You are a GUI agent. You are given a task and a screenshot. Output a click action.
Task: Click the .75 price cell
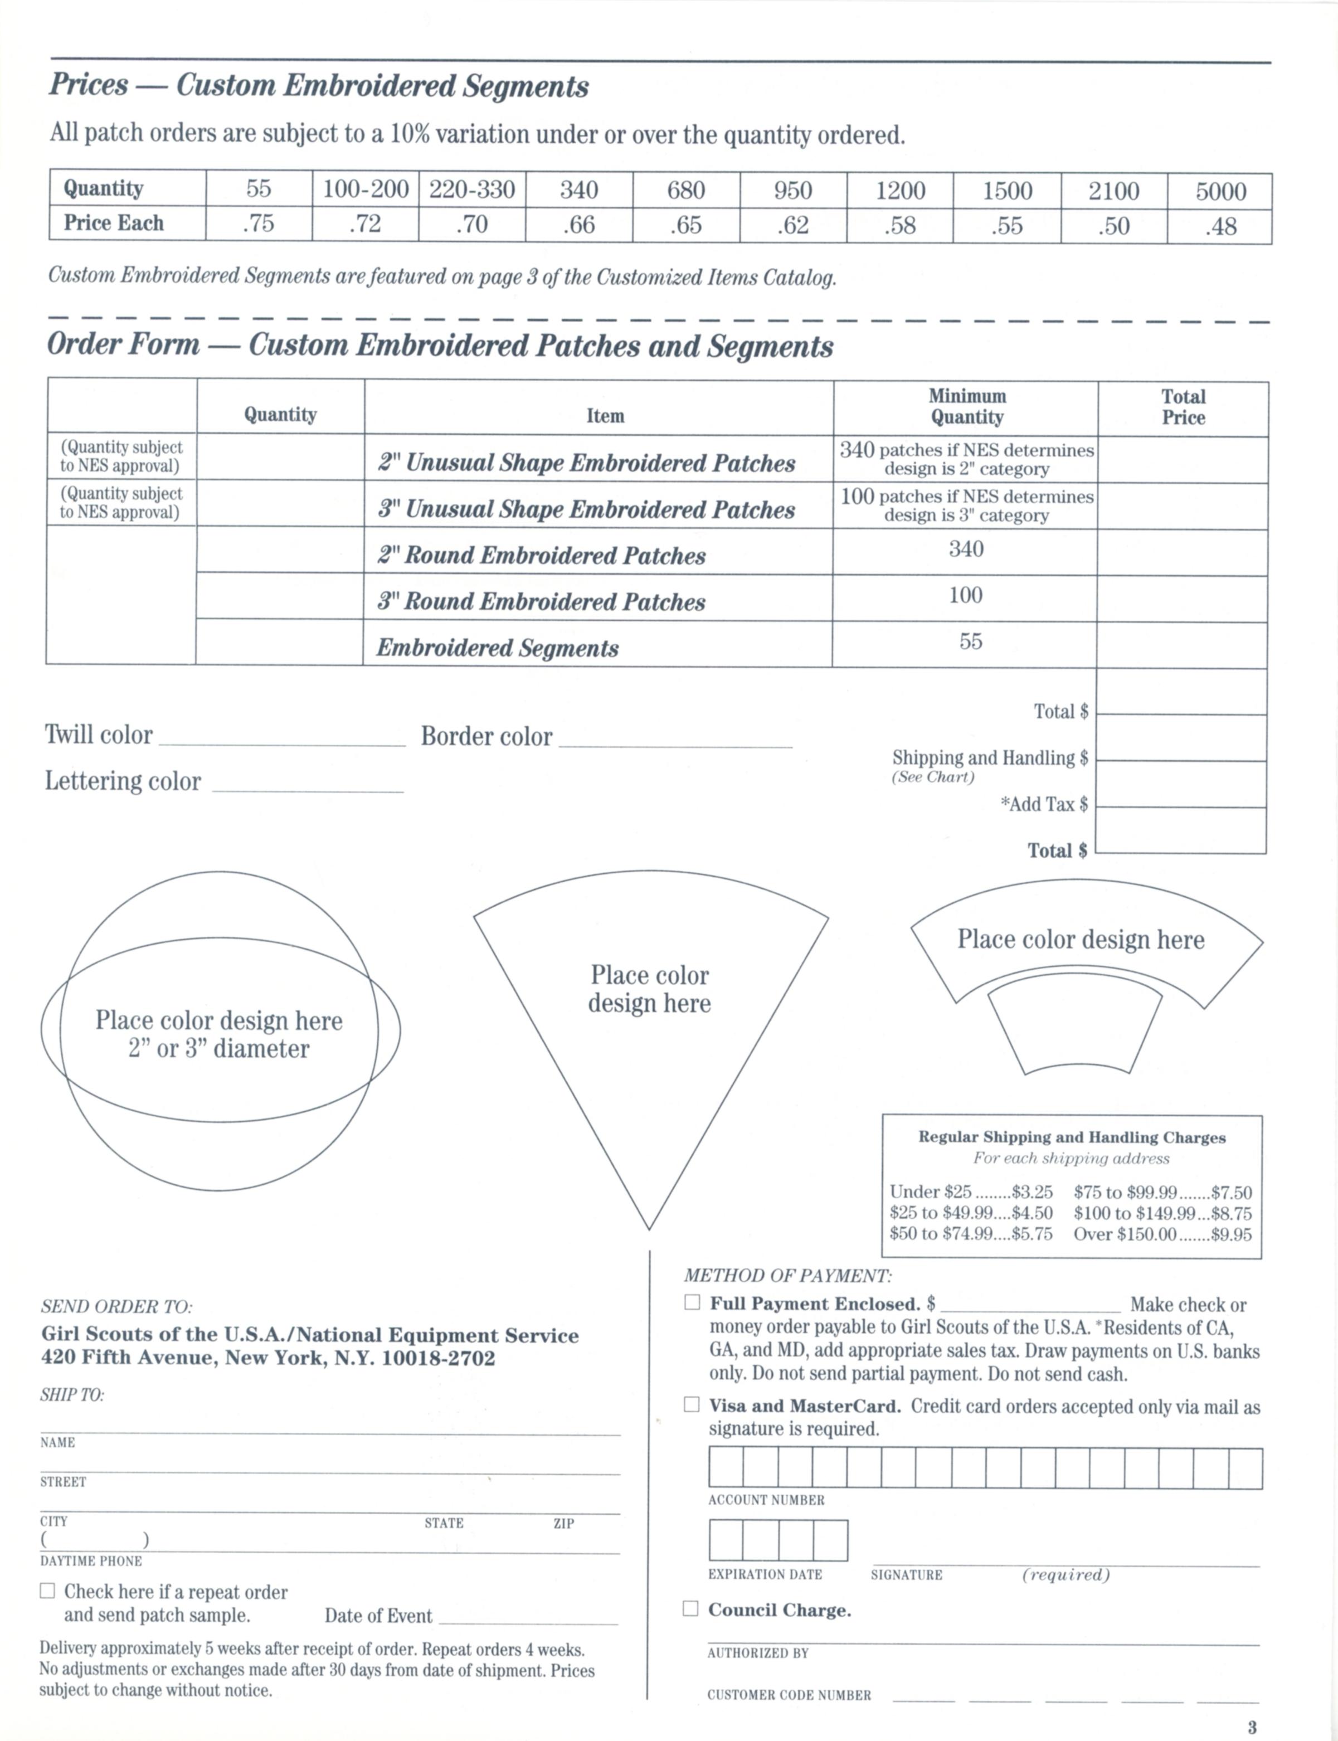(x=258, y=224)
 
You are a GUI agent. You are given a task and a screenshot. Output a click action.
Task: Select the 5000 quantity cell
(x=1220, y=191)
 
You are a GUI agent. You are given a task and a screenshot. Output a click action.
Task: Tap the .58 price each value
(x=900, y=225)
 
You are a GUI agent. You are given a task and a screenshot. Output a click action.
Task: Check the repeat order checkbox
(x=48, y=1591)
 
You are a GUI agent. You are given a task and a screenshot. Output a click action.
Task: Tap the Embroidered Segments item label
(x=497, y=648)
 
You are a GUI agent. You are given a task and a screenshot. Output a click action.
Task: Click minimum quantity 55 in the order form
(x=970, y=641)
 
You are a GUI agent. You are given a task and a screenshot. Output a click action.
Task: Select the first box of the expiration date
(x=726, y=1539)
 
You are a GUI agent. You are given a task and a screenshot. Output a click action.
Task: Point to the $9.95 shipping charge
(x=1231, y=1234)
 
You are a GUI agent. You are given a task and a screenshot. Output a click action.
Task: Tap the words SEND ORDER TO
(x=116, y=1306)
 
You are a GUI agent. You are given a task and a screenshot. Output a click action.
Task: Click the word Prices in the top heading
(x=89, y=84)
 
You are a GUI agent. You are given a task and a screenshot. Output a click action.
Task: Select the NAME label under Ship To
(x=57, y=1442)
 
